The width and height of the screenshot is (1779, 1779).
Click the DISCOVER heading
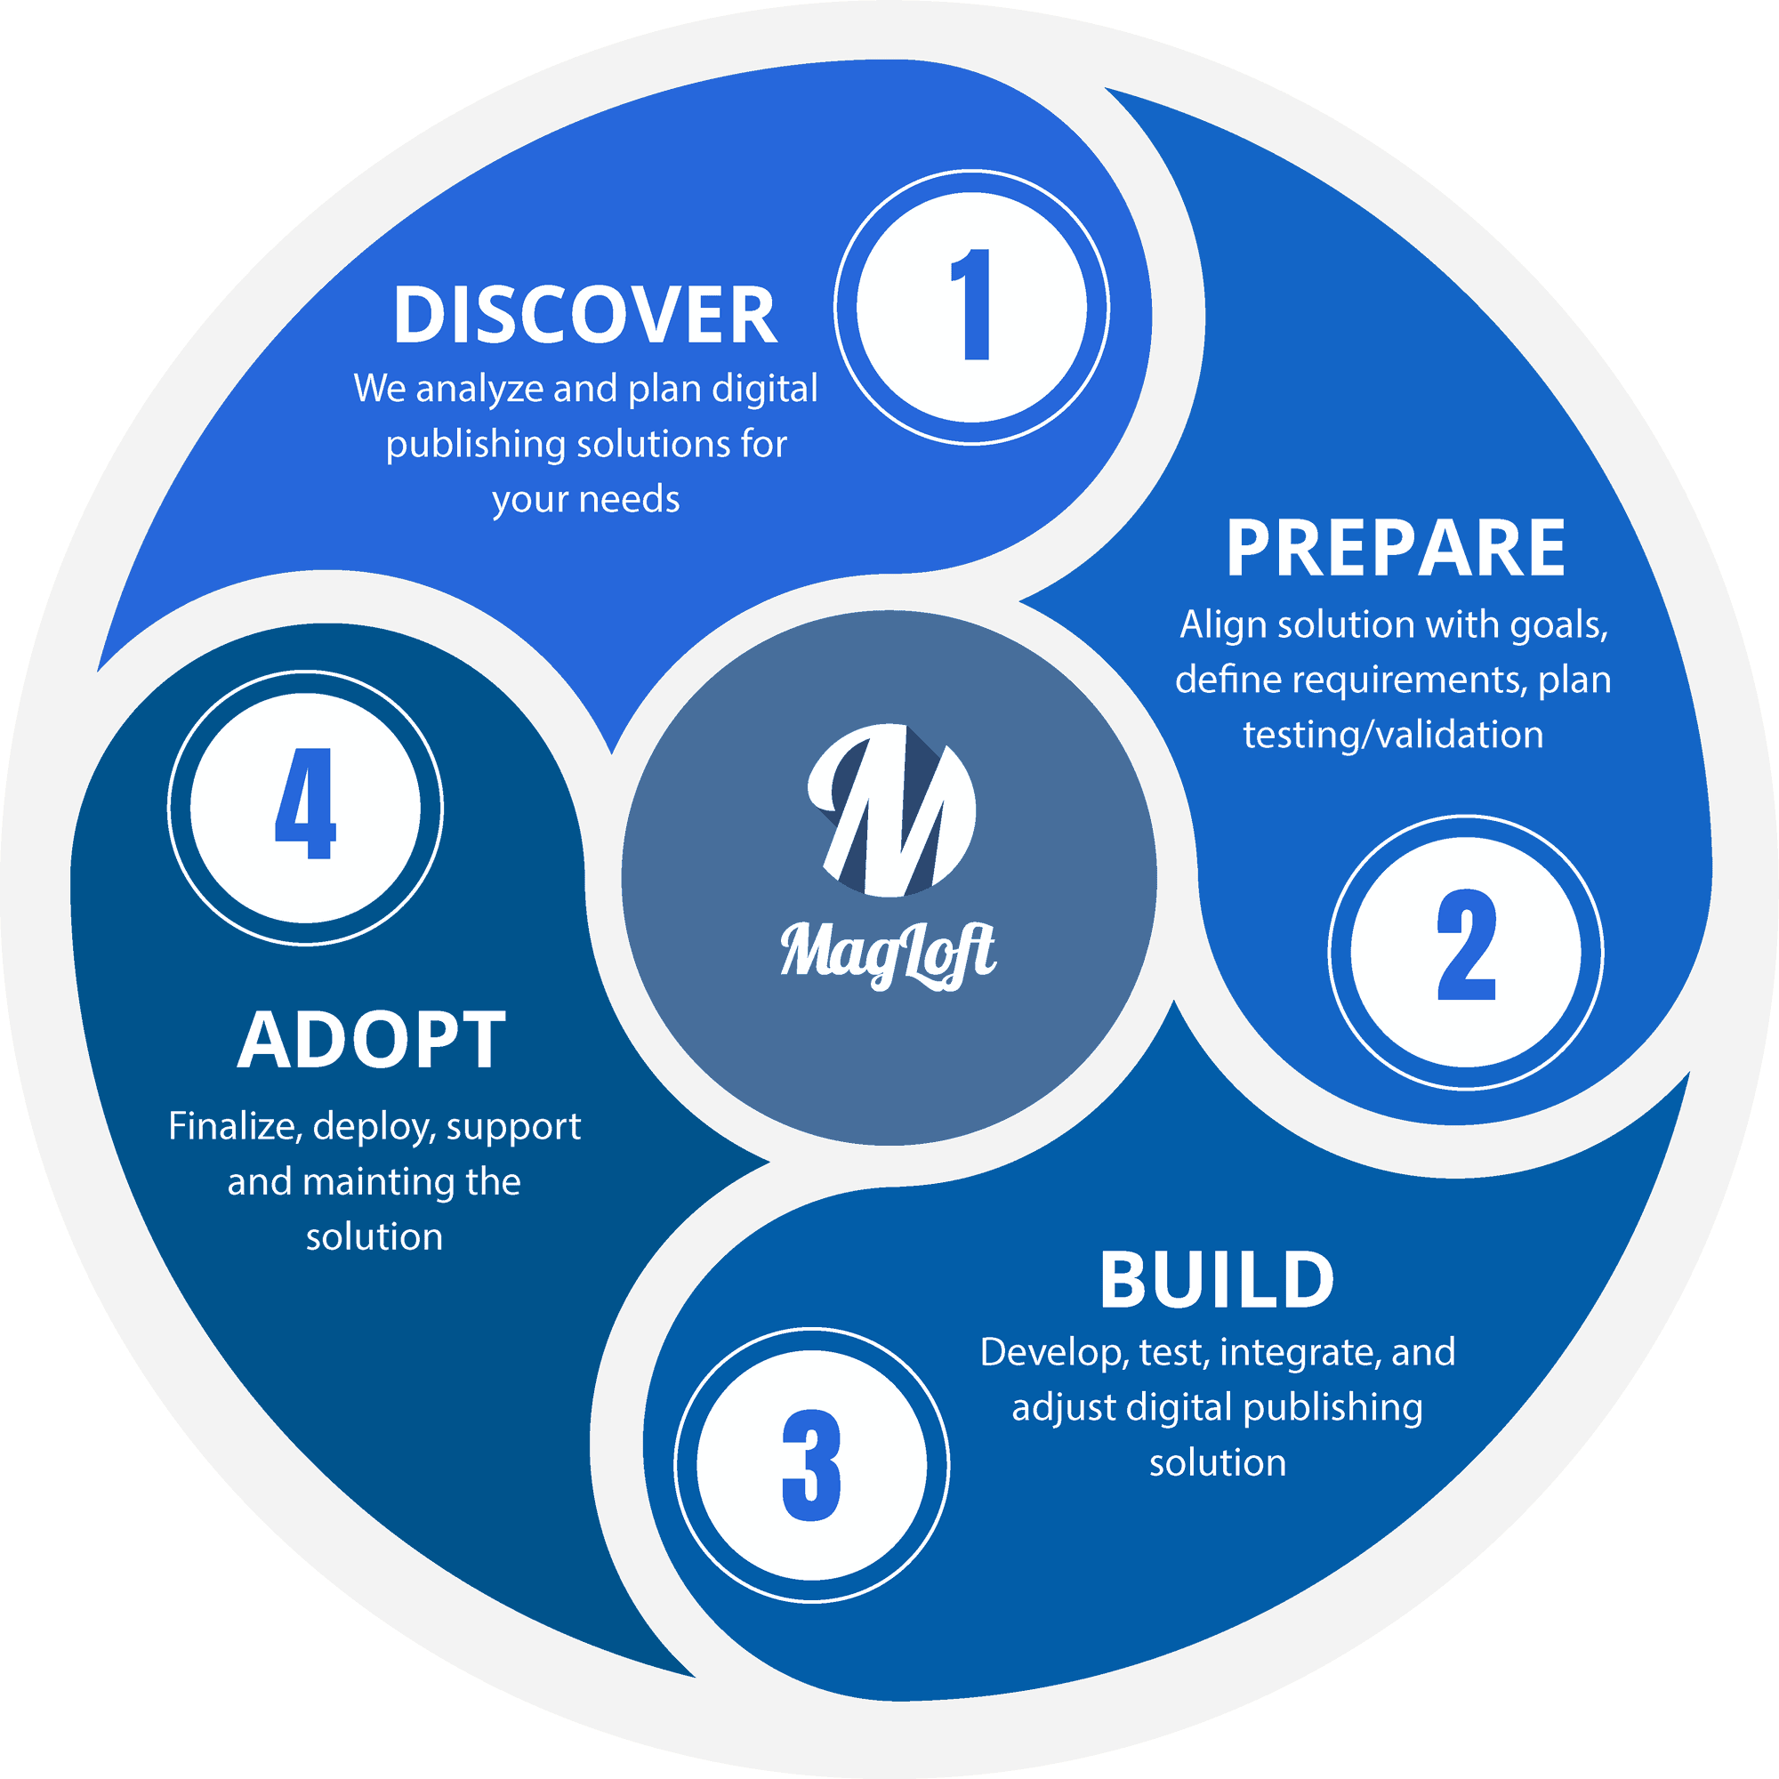[x=584, y=316]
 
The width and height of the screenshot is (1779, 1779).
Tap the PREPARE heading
[x=1395, y=549]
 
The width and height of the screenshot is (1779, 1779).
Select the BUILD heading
[x=1216, y=1280]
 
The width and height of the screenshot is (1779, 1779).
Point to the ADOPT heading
[x=372, y=1041]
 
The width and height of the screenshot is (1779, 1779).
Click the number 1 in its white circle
[x=971, y=306]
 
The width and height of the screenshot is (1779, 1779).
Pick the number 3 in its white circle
[x=811, y=1465]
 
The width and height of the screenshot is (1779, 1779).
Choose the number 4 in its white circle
[x=306, y=808]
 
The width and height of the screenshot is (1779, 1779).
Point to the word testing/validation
[x=1393, y=735]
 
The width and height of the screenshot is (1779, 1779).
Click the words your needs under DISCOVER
[x=585, y=500]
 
